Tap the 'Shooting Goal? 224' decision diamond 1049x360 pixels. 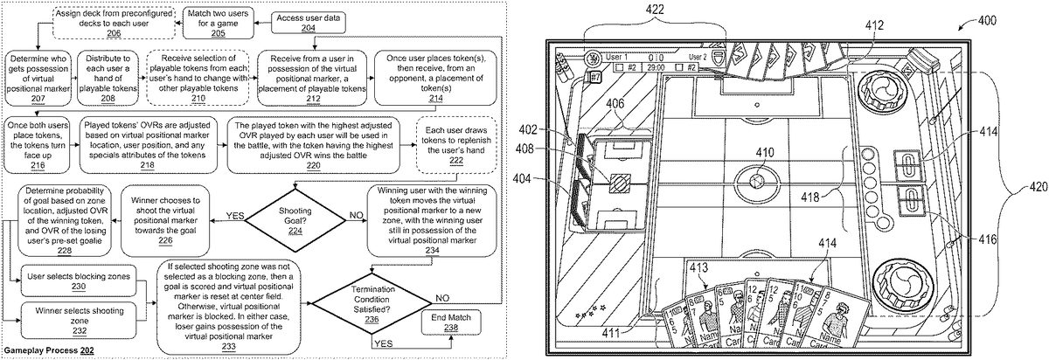[291, 215]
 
